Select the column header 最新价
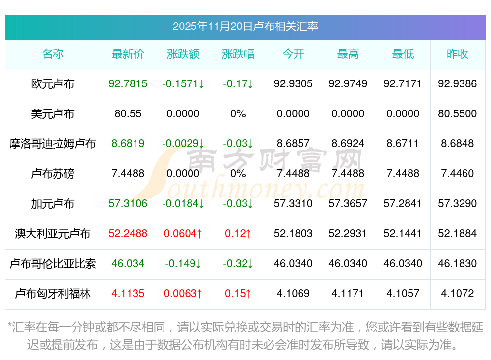(128, 54)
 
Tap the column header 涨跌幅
(238, 54)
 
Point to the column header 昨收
(457, 54)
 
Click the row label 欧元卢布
(53, 84)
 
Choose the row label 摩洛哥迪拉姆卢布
(53, 144)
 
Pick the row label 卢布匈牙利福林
(53, 294)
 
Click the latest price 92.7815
(128, 84)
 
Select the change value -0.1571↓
(183, 84)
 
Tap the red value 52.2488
(128, 234)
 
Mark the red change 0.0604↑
(183, 234)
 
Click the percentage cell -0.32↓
(238, 264)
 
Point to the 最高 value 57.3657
(348, 204)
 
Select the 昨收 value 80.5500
(457, 114)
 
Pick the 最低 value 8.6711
(403, 144)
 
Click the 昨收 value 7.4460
(457, 174)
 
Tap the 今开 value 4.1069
(293, 294)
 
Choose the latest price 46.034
(128, 264)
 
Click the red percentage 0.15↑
(238, 294)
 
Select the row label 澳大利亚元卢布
(53, 234)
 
